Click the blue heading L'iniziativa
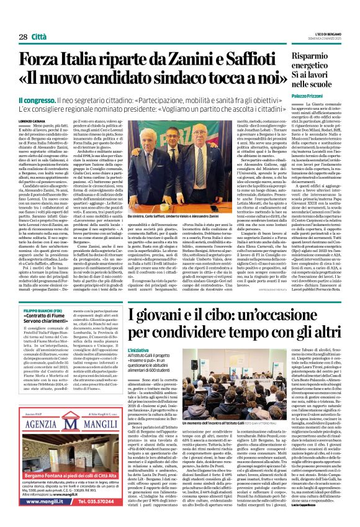[139, 350]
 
